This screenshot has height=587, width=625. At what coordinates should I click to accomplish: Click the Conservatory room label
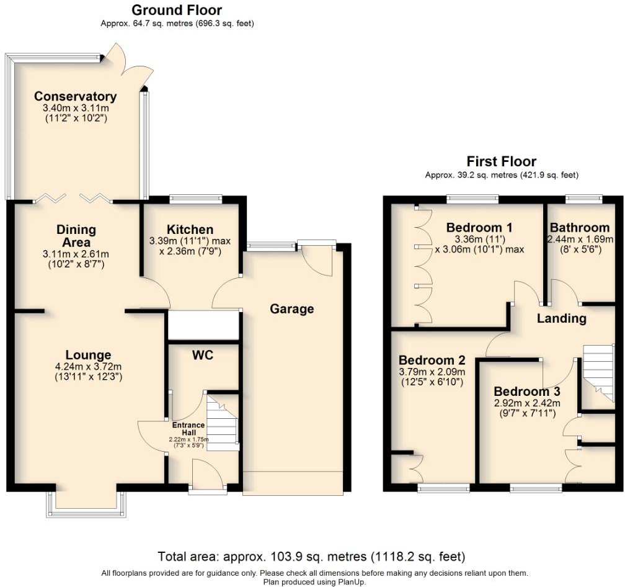(x=75, y=96)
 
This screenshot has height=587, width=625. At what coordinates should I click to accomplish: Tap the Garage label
(x=291, y=308)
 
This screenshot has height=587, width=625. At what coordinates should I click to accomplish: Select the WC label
(x=203, y=356)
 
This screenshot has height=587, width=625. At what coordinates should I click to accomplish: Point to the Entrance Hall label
(x=188, y=428)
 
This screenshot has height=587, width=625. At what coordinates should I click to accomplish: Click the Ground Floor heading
(x=177, y=10)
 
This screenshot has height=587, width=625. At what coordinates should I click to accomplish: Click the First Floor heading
(x=501, y=162)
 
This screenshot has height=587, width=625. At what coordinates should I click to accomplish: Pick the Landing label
(x=561, y=318)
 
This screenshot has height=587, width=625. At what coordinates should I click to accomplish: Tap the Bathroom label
(x=580, y=227)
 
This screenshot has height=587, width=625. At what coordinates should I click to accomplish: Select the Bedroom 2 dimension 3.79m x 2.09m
(x=432, y=372)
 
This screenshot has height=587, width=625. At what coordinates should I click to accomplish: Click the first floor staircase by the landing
(x=597, y=377)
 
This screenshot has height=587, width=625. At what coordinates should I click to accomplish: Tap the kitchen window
(x=195, y=199)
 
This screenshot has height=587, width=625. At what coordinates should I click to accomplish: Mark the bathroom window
(x=583, y=199)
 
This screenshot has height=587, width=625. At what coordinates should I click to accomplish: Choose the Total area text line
(x=311, y=556)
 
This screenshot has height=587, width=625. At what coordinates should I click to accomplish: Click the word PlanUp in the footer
(x=351, y=582)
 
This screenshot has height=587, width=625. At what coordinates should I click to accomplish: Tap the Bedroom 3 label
(x=526, y=392)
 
